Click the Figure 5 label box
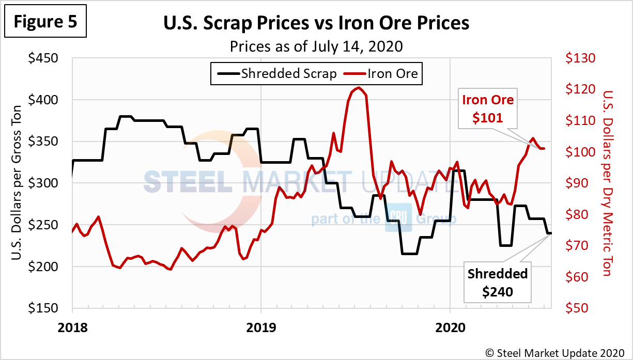[45, 22]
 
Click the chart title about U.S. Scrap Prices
[316, 23]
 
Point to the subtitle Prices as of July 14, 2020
[316, 46]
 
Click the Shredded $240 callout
[498, 283]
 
